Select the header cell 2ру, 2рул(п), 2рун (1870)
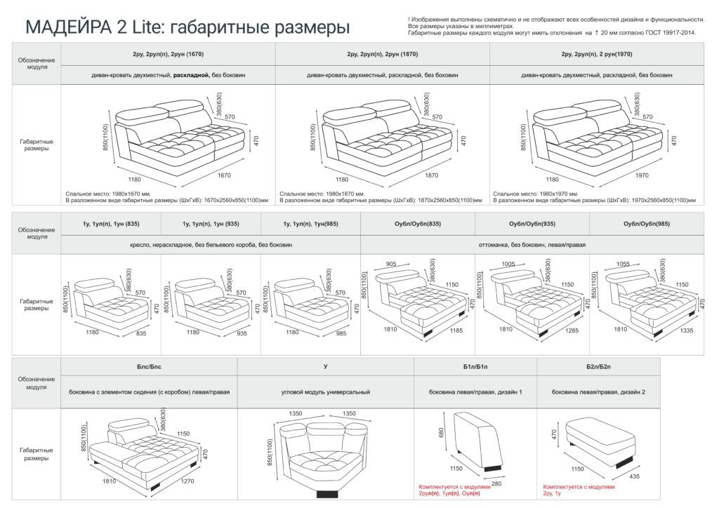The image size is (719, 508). pos(383,54)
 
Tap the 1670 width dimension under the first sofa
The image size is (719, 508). pos(224,175)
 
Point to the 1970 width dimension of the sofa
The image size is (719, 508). pos(642,175)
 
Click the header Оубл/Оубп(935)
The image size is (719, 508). pos(532,224)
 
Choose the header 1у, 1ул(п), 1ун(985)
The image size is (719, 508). pos(310,224)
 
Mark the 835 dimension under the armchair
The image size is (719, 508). pos(141,333)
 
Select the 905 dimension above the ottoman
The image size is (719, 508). pos(391,264)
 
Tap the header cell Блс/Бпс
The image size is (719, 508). pos(149,367)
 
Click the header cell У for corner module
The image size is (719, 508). pos(326,367)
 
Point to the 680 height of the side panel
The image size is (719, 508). pos(441,433)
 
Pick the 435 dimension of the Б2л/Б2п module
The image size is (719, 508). pos(634,476)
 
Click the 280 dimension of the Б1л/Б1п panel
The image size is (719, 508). pos(496,483)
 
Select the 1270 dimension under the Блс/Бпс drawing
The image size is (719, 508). pos(187,481)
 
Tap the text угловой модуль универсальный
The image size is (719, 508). pos(326,392)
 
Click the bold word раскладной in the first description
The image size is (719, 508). pos(191,75)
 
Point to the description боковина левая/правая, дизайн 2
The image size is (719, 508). pos(598,392)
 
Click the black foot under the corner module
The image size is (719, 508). pos(327,493)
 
